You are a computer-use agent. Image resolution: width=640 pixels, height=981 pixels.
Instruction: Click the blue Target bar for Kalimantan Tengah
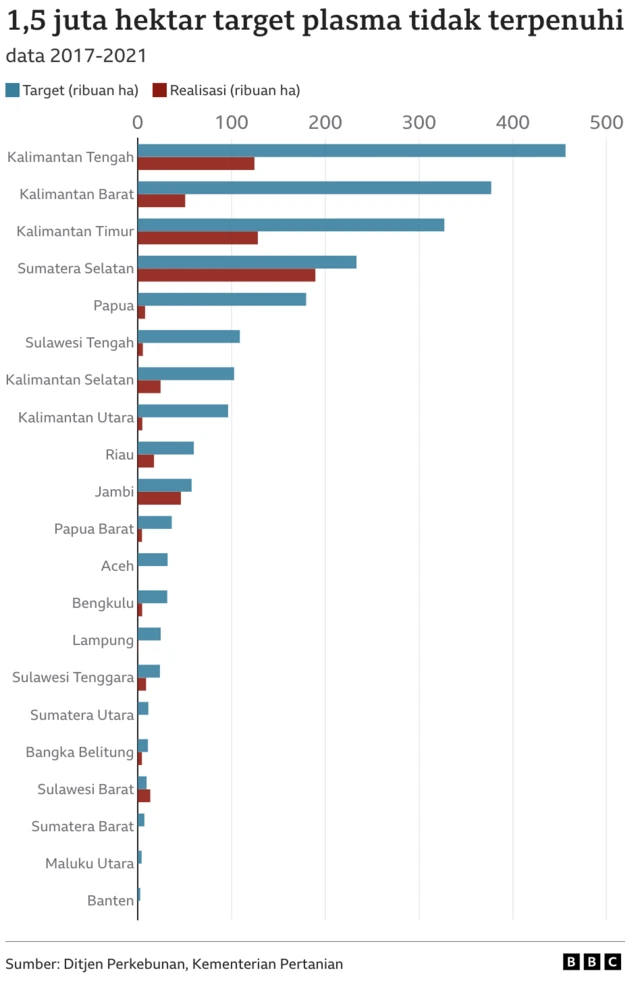coord(350,151)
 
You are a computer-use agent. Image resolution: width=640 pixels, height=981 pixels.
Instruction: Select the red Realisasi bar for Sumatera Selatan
coord(226,275)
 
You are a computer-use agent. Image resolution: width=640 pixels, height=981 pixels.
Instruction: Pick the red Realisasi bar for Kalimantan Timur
coord(197,238)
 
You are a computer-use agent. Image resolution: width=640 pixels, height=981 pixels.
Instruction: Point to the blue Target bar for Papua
coord(221,299)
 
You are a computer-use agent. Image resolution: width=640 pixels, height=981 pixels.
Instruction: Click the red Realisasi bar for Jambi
coord(159,498)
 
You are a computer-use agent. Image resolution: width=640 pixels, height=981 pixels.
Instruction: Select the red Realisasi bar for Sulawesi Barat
coord(144,796)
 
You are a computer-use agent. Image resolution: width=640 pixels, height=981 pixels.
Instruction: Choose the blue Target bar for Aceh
coord(152,560)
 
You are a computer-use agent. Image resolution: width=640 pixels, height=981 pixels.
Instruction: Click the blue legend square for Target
coord(12,90)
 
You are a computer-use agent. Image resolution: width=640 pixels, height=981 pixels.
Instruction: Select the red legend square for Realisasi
coord(159,90)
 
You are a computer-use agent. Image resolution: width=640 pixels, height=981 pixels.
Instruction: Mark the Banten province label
coord(110,901)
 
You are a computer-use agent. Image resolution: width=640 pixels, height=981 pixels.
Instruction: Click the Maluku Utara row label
coord(89,864)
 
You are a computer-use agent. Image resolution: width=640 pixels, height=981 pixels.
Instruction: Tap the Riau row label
coord(119,455)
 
